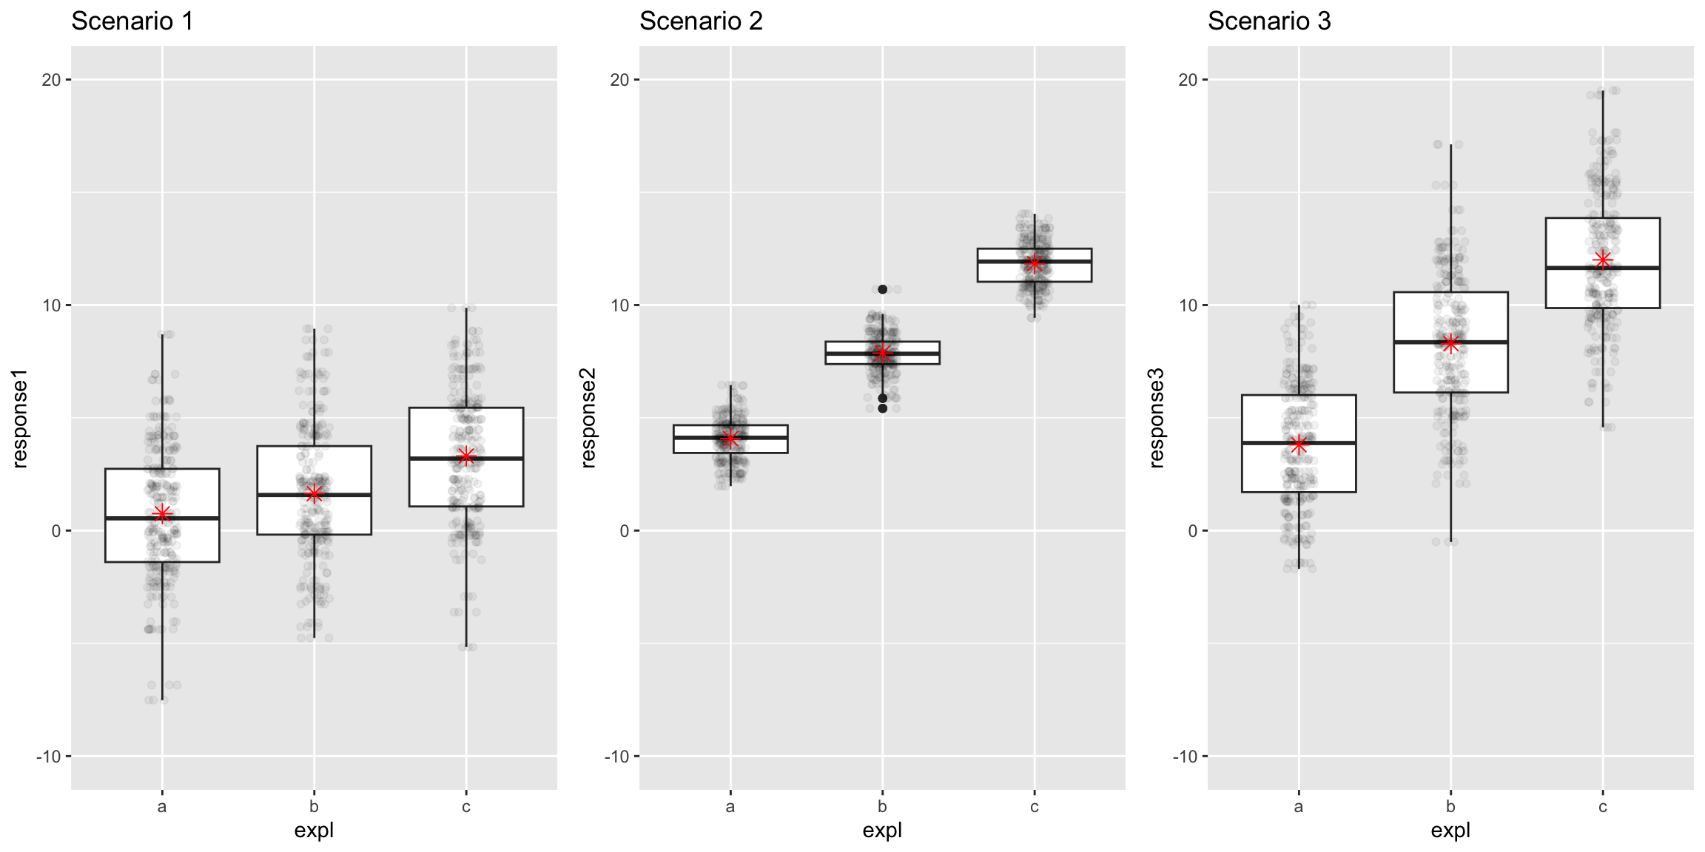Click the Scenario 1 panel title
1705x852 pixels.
point(132,21)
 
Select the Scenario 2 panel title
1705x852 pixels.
point(701,21)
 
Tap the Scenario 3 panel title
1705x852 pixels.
point(1269,21)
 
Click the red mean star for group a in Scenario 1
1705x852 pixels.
point(162,513)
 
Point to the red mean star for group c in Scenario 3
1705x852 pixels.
point(1603,260)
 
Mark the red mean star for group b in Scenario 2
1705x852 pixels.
point(882,353)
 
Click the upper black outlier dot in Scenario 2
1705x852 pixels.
point(882,289)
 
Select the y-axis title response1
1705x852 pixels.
point(20,419)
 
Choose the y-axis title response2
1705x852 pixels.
point(588,419)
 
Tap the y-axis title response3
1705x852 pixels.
point(1157,419)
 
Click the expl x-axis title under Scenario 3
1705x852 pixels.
point(1450,830)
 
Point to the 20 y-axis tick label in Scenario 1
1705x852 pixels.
point(52,80)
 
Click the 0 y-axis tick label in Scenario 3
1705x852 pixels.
point(1191,531)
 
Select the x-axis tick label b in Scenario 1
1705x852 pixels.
point(314,806)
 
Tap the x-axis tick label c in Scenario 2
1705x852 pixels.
point(1035,806)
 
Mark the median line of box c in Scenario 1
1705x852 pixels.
point(496,459)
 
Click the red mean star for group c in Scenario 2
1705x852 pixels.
point(1035,263)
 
